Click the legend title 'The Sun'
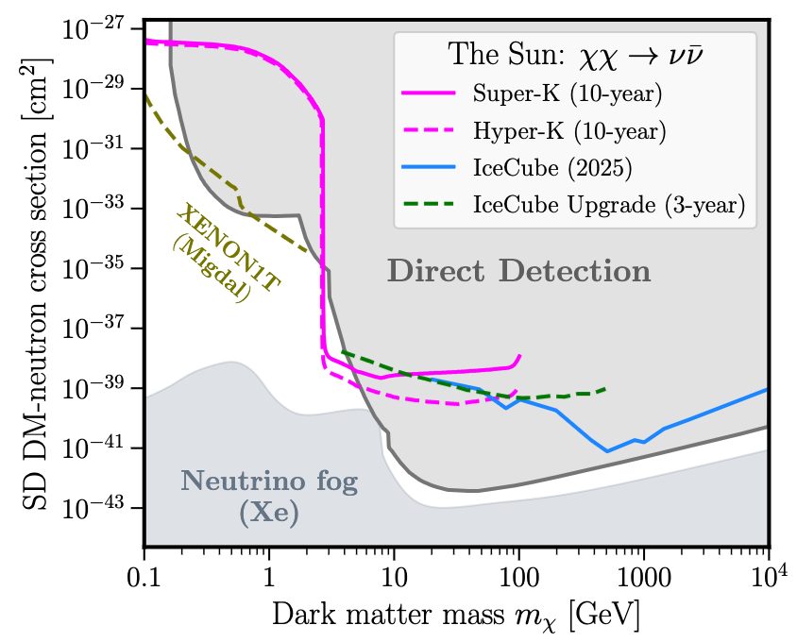point(506,54)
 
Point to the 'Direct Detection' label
point(519,271)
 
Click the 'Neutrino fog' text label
point(269,481)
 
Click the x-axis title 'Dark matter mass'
point(388,614)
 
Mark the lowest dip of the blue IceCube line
point(607,451)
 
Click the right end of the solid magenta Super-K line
point(519,355)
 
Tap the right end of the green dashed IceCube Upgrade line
point(605,389)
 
